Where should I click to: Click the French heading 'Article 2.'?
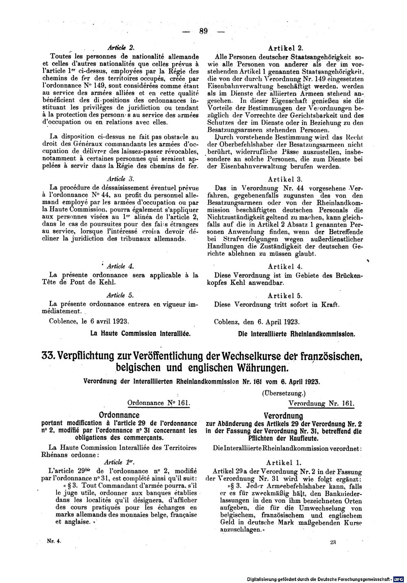pos(117,47)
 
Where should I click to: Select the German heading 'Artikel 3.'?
pos(285,179)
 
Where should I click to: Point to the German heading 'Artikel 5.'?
pos(285,296)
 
